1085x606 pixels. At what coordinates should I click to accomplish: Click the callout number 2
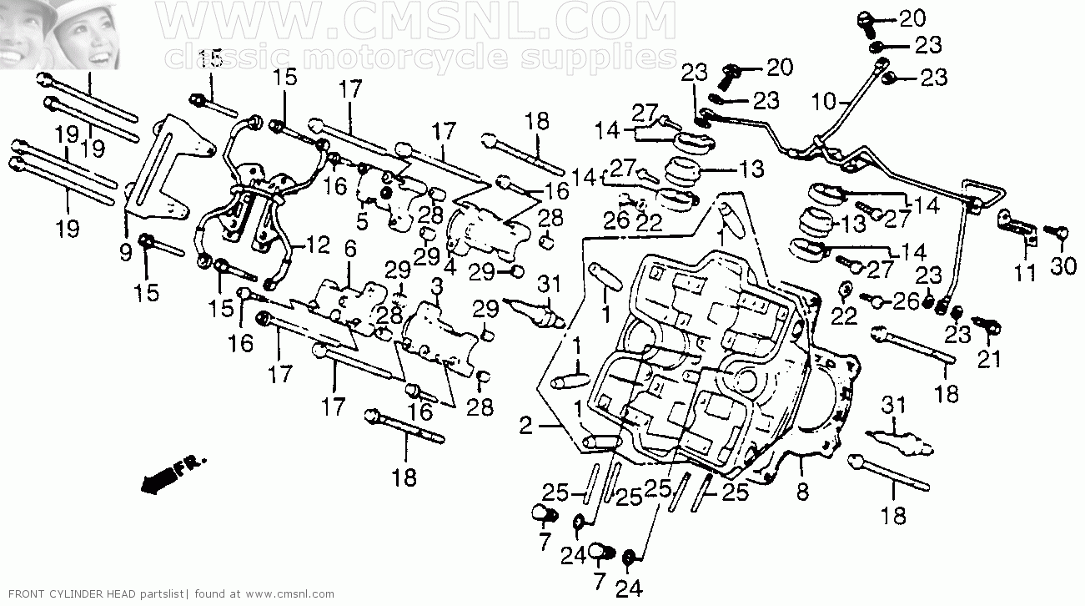(x=525, y=427)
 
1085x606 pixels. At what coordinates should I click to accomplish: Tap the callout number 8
(x=802, y=492)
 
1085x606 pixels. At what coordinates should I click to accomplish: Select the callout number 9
(x=125, y=253)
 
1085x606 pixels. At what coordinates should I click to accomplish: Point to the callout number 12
(x=318, y=245)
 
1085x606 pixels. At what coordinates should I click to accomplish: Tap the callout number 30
(x=1063, y=266)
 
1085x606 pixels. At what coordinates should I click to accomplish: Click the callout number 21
(x=989, y=359)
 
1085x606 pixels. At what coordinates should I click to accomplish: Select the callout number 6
(x=350, y=249)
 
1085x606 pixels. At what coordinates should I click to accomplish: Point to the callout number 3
(x=437, y=286)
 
